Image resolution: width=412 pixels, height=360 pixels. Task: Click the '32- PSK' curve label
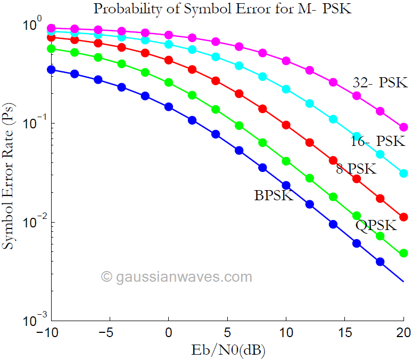380,83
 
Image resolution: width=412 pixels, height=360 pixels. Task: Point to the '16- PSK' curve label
377,141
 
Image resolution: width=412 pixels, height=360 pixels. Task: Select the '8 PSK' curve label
356,169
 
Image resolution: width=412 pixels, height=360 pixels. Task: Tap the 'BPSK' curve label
274,195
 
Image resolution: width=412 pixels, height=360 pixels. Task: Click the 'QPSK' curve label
376,225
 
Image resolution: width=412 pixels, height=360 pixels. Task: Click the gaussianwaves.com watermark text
176,277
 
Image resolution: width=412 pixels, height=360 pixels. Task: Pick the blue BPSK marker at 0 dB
169,107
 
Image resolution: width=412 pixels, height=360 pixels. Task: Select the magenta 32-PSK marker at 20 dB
403,127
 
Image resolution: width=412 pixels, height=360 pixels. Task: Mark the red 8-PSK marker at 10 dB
286,125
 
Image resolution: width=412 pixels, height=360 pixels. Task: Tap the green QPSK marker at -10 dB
52,48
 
